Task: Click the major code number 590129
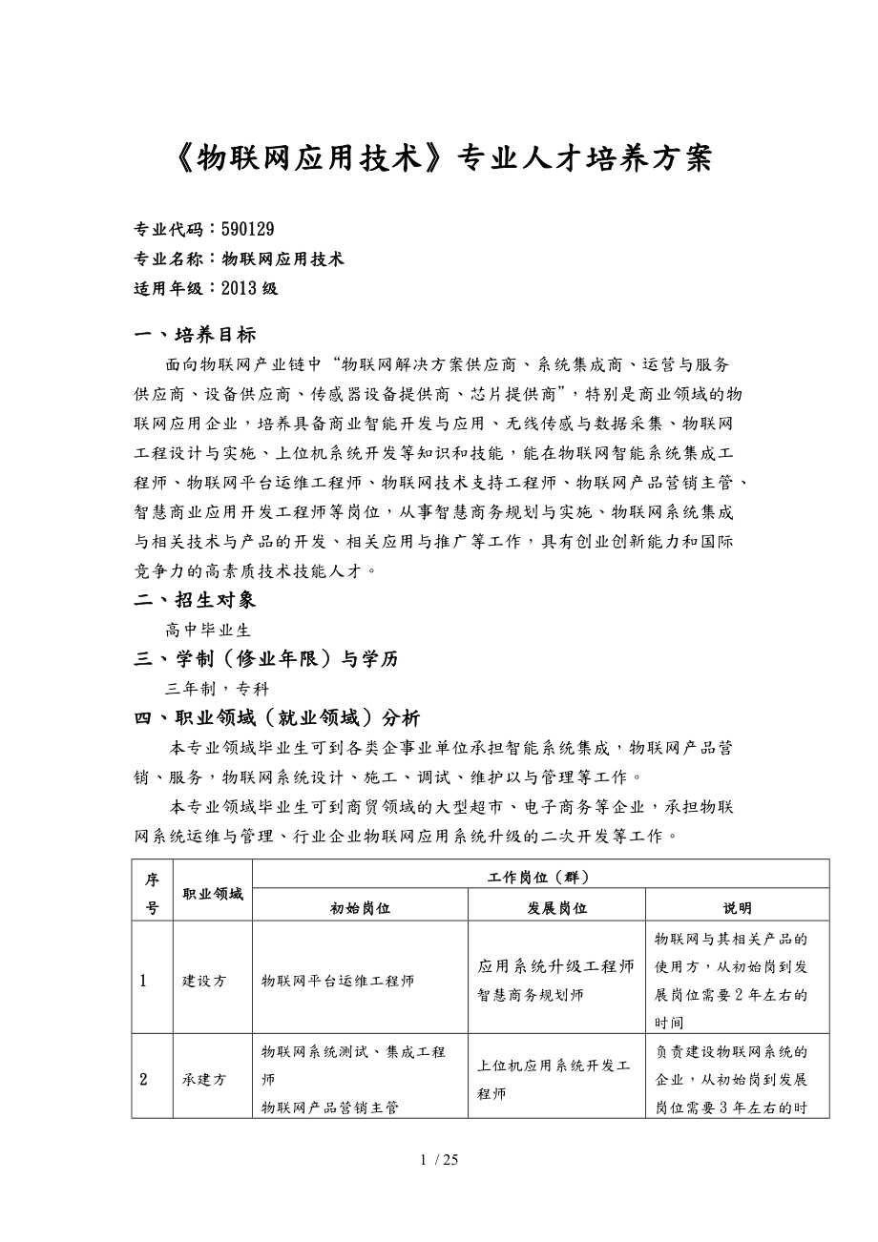(248, 229)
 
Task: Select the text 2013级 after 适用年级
(249, 288)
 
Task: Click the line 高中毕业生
(207, 630)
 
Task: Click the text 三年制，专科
(217, 689)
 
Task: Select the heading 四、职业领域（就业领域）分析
(277, 718)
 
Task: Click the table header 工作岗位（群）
(540, 876)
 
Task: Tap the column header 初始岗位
(360, 908)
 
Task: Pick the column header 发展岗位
(556, 908)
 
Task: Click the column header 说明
(737, 908)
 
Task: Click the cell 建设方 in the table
(204, 981)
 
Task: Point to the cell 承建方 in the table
(204, 1080)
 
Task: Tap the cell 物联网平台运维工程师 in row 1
(338, 981)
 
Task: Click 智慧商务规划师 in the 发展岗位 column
(531, 995)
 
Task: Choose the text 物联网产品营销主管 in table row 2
(330, 1107)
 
